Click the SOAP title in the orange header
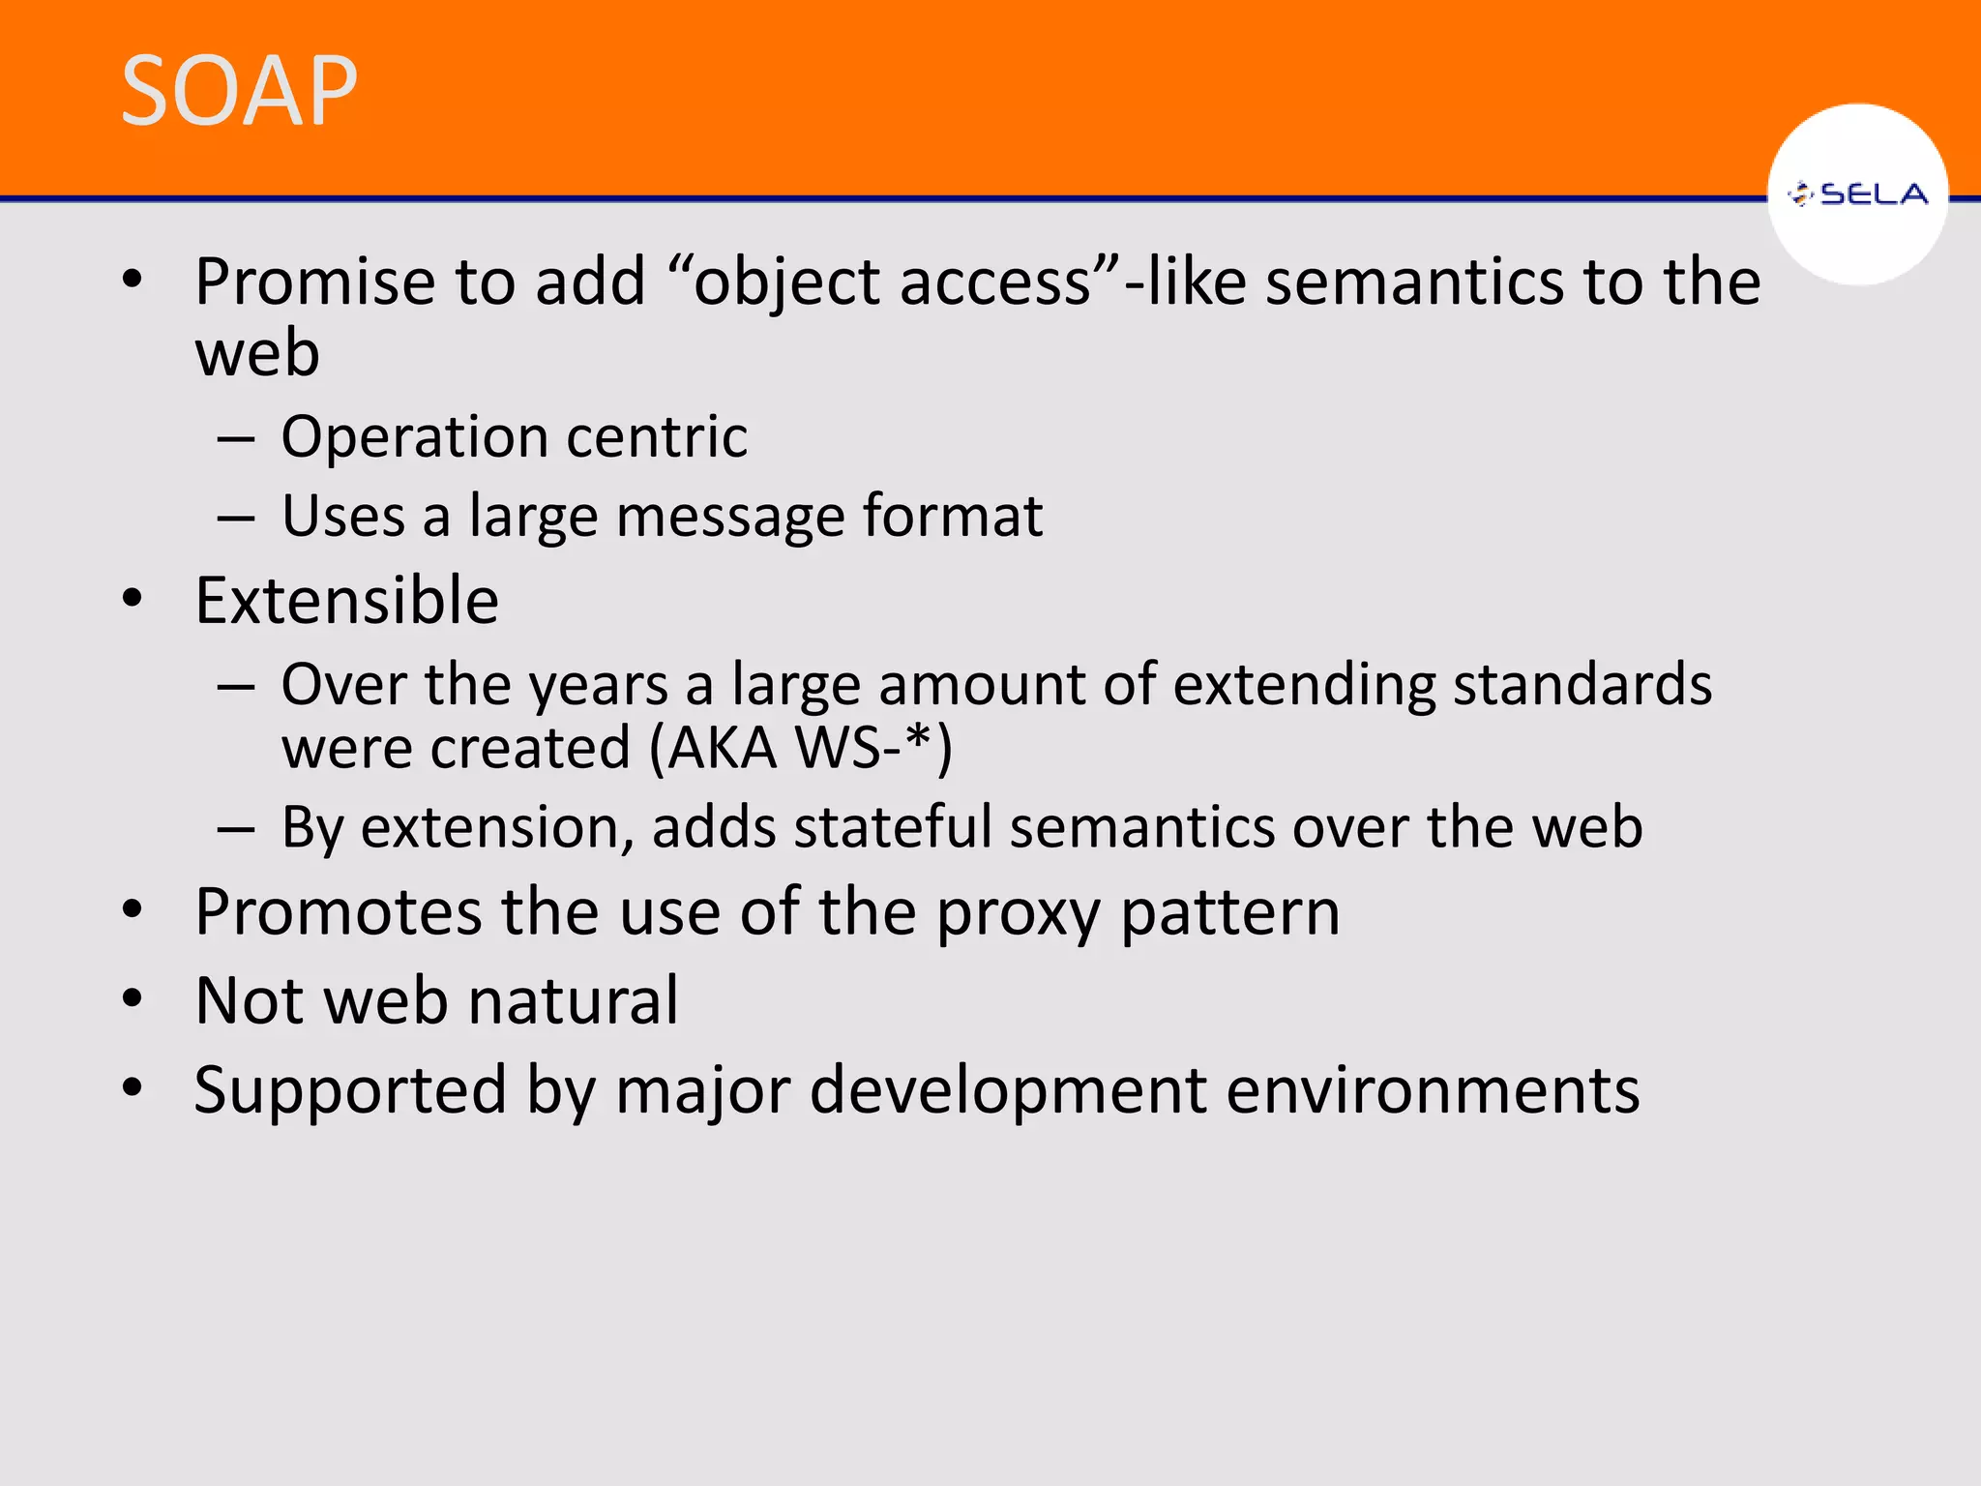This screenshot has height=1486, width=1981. point(239,91)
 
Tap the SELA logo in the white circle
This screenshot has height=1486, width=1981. point(1857,194)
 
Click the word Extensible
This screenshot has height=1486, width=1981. point(346,601)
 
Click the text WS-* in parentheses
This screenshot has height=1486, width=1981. point(861,748)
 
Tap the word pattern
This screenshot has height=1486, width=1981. point(1229,914)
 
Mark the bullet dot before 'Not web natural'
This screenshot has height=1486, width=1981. point(133,998)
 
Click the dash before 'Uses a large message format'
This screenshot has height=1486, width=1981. point(236,519)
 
